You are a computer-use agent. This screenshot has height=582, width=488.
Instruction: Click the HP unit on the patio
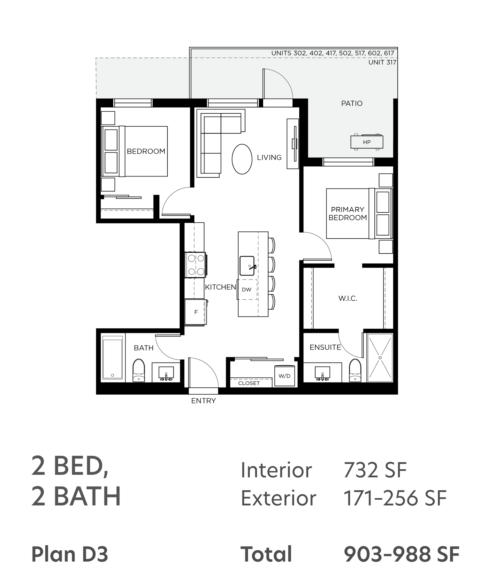367,142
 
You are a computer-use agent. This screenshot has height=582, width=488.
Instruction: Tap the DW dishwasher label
247,289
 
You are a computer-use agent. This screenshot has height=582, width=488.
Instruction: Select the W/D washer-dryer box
285,376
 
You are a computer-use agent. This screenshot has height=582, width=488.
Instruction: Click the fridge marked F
195,312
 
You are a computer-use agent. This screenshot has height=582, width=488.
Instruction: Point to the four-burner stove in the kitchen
195,265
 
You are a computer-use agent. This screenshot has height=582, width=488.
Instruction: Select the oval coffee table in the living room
242,159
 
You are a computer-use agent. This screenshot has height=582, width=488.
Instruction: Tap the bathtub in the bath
112,358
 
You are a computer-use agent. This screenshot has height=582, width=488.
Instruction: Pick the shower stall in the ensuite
380,357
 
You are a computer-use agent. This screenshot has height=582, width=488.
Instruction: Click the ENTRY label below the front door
203,401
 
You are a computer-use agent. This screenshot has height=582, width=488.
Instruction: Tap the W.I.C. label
348,299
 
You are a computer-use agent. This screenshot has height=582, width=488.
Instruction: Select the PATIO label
352,103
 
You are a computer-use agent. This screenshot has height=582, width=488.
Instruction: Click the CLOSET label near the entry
249,383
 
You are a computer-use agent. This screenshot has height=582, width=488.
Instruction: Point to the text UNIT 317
382,63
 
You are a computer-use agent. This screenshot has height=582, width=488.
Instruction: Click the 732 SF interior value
375,470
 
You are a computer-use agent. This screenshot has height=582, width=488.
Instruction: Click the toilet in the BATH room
139,370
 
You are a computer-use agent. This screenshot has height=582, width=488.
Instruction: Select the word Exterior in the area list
278,498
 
